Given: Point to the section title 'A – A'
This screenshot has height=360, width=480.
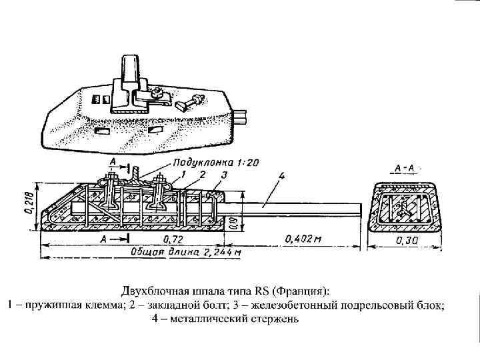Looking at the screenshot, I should pyautogui.click(x=403, y=167).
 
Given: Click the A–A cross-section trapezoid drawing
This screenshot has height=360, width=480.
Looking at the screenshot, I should pyautogui.click(x=404, y=205).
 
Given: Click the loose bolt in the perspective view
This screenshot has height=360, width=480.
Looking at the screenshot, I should pyautogui.click(x=189, y=102).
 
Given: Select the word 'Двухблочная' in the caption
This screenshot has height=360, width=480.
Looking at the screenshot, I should pyautogui.click(x=153, y=292).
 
